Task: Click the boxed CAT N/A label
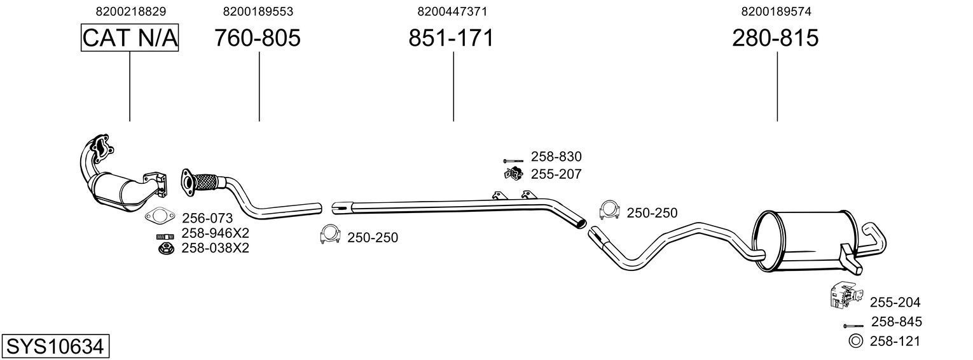[130, 38]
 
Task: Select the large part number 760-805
[257, 38]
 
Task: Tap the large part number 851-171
[451, 38]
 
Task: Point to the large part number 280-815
[775, 38]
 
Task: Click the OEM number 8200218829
[131, 11]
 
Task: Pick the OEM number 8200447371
[452, 11]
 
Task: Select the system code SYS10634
[55, 347]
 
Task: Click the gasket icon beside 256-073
[159, 218]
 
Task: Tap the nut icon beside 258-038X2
[166, 248]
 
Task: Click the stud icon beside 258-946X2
[166, 236]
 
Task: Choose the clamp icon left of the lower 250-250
[331, 235]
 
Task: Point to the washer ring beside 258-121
[855, 342]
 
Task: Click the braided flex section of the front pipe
[207, 182]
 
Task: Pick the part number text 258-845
[896, 322]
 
